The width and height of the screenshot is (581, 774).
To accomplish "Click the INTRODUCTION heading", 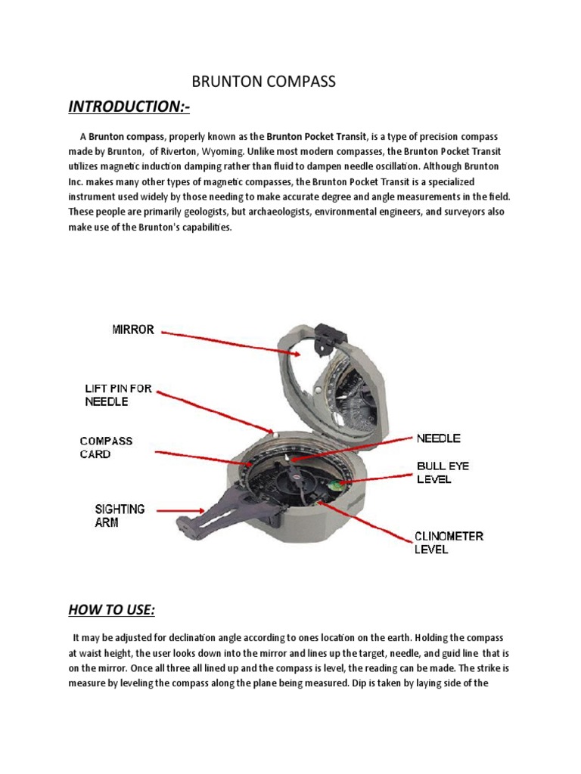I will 129,107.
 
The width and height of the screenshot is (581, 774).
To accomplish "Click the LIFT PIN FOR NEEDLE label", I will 118,395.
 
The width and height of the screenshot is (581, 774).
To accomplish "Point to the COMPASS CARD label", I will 106,447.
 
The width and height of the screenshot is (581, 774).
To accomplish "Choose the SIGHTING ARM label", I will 120,515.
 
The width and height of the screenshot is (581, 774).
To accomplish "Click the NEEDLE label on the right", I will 438,438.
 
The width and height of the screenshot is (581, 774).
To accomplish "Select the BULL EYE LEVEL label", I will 443,472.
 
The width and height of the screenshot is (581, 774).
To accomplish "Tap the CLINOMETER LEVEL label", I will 448,542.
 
